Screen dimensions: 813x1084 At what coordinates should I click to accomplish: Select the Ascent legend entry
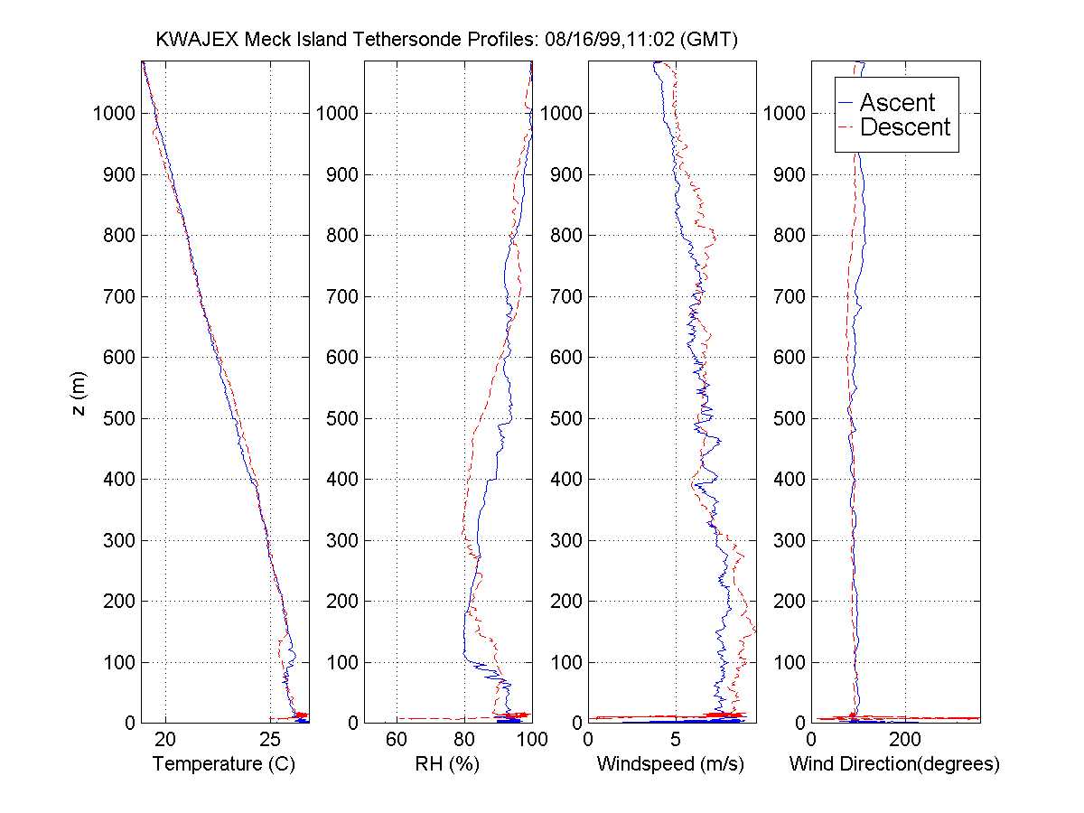point(897,102)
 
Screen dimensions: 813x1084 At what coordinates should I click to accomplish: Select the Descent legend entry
point(905,127)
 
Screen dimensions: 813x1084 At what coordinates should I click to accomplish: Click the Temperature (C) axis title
point(224,764)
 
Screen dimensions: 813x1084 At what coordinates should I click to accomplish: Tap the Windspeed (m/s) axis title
point(670,764)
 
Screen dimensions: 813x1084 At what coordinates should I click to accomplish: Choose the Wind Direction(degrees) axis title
point(894,764)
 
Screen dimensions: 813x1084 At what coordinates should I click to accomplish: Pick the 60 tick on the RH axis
point(397,739)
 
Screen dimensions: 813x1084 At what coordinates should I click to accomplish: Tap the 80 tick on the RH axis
point(464,739)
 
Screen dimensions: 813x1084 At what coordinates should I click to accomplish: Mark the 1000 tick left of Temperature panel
point(114,114)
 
